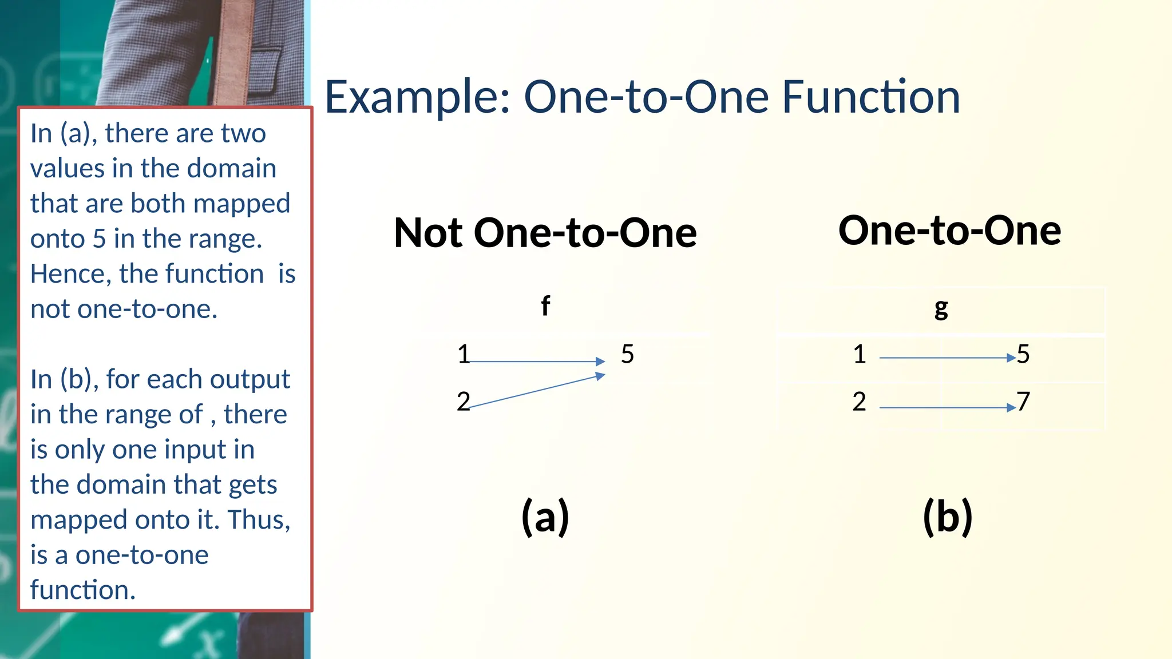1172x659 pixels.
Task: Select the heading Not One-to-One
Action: pyautogui.click(x=545, y=233)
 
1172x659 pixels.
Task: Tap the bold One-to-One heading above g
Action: pyautogui.click(x=949, y=231)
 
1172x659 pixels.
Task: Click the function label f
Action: pyautogui.click(x=545, y=306)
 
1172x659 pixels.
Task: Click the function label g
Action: pyautogui.click(x=941, y=308)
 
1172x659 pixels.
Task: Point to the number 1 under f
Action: pyautogui.click(x=463, y=354)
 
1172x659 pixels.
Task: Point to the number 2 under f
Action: pyautogui.click(x=463, y=402)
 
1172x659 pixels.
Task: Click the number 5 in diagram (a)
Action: pyautogui.click(x=627, y=354)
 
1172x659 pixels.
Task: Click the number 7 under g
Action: pyautogui.click(x=1023, y=402)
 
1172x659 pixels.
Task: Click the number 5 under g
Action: pyautogui.click(x=1023, y=354)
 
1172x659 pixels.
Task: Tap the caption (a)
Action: pyautogui.click(x=545, y=516)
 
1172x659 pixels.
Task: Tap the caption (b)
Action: pyautogui.click(x=947, y=516)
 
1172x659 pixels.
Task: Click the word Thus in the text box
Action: pyautogui.click(x=258, y=520)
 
